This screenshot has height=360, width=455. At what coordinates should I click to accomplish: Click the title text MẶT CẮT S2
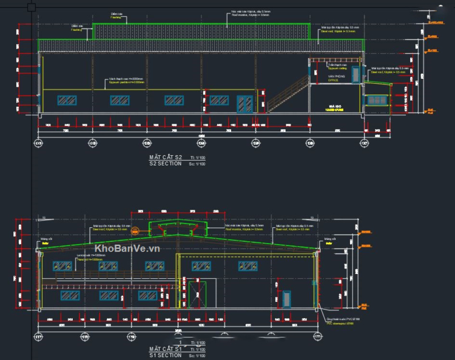tap(165, 158)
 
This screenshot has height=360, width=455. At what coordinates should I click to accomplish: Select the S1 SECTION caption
tap(165, 354)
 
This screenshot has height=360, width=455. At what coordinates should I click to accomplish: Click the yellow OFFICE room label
tap(333, 79)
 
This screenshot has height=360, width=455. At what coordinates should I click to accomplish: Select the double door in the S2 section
tap(246, 103)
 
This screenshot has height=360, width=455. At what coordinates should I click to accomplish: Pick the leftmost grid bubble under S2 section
tap(39, 143)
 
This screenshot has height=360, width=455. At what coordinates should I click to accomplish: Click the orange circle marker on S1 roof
tap(136, 230)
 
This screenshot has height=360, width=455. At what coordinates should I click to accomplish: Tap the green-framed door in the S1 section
tap(196, 295)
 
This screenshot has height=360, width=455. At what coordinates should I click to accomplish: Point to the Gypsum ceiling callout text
tap(337, 68)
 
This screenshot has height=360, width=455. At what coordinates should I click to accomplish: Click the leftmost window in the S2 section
tap(67, 100)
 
